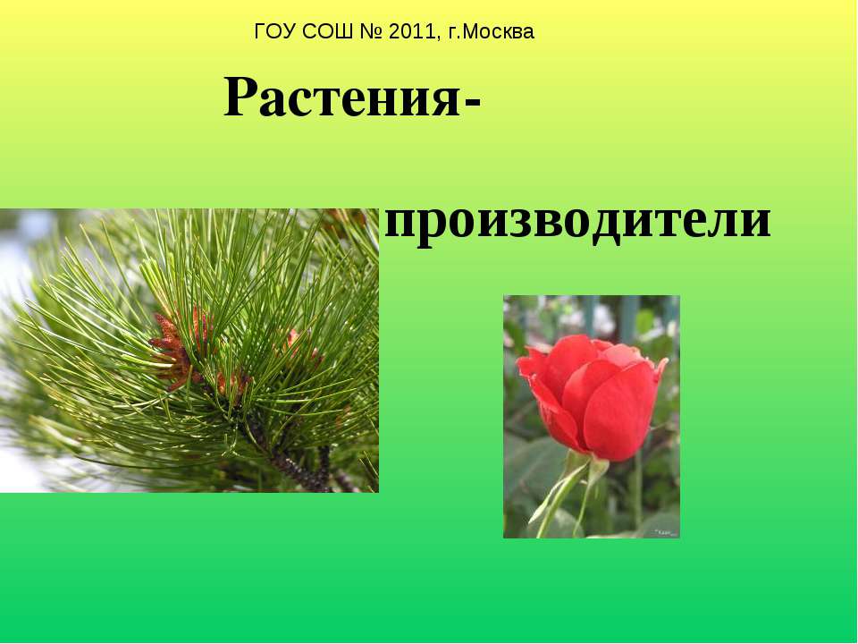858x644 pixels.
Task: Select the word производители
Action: pyautogui.click(x=577, y=220)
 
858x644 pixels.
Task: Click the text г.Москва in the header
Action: pyautogui.click(x=491, y=32)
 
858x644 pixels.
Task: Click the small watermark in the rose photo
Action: pyautogui.click(x=665, y=532)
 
